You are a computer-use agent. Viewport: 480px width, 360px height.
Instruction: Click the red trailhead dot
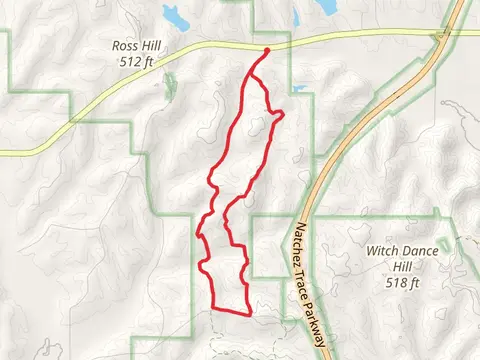click(268, 50)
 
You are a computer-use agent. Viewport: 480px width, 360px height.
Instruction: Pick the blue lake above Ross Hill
click(175, 16)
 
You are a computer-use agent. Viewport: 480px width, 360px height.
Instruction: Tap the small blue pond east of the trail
click(298, 88)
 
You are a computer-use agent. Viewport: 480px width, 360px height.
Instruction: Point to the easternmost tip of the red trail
click(283, 114)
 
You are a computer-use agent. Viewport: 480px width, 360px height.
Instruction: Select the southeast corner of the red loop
click(246, 310)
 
